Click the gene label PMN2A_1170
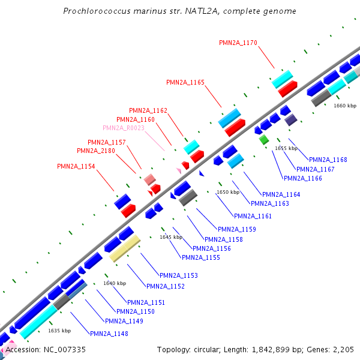click(x=238, y=43)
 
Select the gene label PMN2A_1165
click(x=185, y=82)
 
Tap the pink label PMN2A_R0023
click(x=124, y=128)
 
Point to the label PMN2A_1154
click(x=76, y=166)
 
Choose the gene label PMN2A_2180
click(x=96, y=151)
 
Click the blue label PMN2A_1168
click(x=328, y=160)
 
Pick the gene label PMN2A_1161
click(x=253, y=216)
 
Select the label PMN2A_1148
click(x=109, y=334)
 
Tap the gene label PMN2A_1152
click(x=166, y=286)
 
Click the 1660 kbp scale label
click(x=344, y=106)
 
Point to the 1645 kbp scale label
click(x=170, y=237)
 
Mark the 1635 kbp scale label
click(x=59, y=331)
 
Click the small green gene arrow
click(x=263, y=139)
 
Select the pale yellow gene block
click(x=125, y=248)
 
